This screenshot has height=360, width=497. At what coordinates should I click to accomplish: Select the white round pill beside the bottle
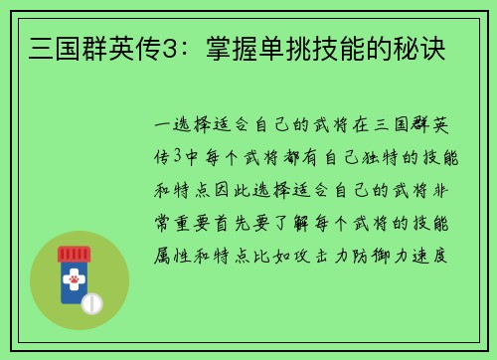[x=93, y=302]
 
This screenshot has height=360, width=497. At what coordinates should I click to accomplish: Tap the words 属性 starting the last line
[x=168, y=254]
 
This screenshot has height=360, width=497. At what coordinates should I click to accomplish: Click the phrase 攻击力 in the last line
[x=338, y=254]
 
